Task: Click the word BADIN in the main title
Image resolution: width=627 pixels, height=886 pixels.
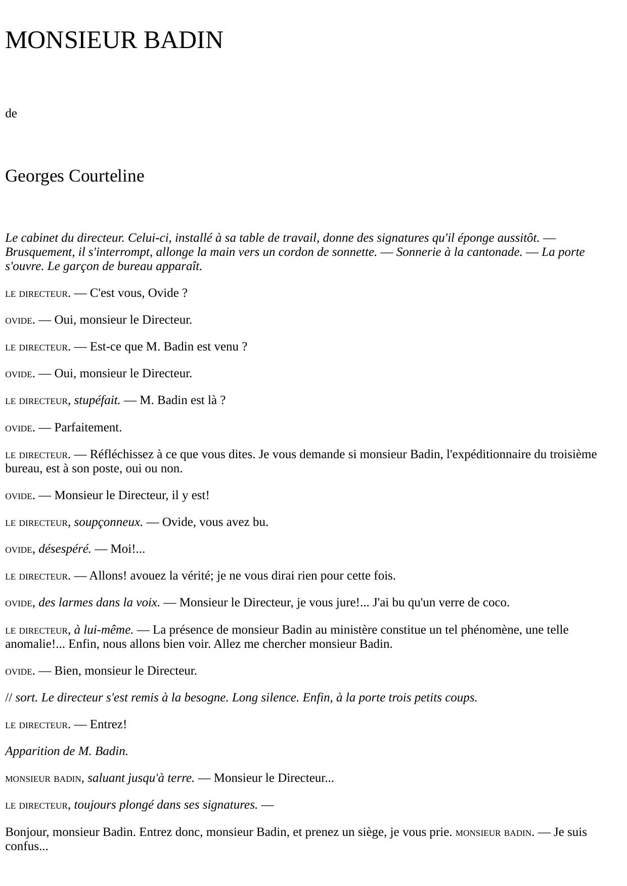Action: pos(183,40)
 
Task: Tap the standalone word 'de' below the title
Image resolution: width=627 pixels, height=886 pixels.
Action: pos(11,114)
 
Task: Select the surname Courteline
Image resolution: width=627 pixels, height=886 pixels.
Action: pos(106,176)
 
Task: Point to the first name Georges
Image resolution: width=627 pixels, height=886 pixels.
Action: pos(35,176)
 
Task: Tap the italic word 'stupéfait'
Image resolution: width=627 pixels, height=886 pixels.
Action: pos(97,401)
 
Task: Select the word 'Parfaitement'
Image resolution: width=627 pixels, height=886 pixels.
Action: pos(88,428)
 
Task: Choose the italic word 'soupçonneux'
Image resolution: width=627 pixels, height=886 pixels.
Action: pos(108,522)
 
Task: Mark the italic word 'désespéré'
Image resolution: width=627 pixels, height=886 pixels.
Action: pos(65,549)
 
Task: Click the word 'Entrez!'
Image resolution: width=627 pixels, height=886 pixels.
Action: pos(108,725)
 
